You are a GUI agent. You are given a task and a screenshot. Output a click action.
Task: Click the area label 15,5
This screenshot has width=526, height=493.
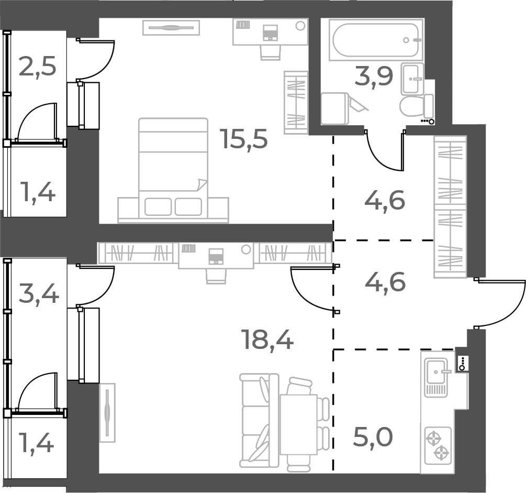244,139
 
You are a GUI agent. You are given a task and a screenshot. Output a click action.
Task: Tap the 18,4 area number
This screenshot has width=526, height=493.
267,339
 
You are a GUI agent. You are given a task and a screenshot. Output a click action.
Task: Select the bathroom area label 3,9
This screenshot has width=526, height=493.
373,78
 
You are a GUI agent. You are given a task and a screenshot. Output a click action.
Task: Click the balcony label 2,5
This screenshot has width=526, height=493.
37,67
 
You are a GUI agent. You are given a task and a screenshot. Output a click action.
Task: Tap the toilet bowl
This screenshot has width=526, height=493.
412,106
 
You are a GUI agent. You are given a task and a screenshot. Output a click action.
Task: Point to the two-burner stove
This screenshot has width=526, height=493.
438,444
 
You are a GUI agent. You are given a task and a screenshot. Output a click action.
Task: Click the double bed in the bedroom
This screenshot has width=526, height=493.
173,168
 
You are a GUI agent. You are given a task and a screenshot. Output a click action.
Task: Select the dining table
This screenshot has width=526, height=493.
298,424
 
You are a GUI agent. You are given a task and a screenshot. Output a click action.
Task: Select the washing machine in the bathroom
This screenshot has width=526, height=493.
334,108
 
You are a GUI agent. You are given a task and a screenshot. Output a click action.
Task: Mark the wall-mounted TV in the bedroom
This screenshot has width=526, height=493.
171,27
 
